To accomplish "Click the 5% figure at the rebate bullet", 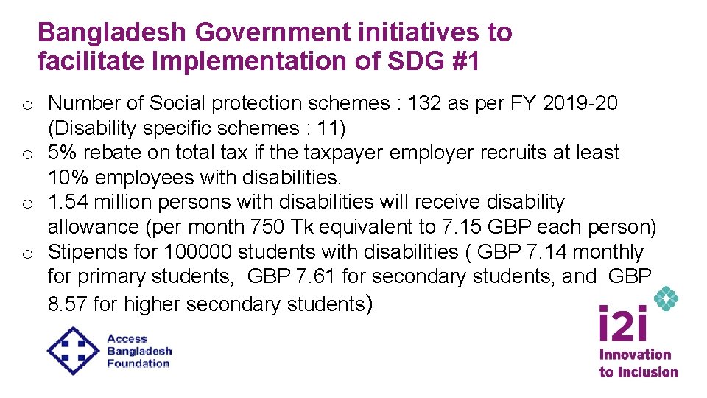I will click(62, 153).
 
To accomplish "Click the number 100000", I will click(199, 252).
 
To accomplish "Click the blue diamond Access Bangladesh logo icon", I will click(73, 350).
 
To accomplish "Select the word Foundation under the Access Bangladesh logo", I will click(138, 363).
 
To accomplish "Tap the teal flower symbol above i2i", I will click(666, 298).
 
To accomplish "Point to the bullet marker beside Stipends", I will click(26, 254).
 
